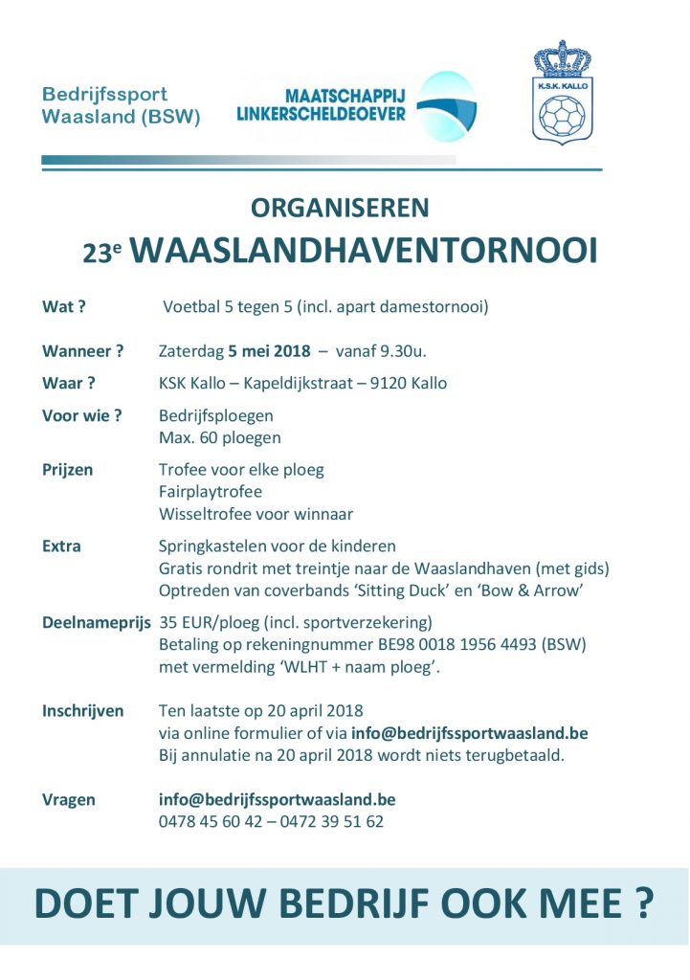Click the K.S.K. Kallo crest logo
[x=562, y=93]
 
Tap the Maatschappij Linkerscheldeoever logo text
[x=321, y=105]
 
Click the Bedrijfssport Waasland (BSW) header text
[x=121, y=106]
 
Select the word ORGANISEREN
[x=340, y=208]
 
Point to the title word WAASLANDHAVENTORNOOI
[x=364, y=250]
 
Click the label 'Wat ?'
[x=64, y=307]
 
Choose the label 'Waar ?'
[x=69, y=383]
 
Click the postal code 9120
[x=388, y=384]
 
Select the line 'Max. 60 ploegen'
[x=219, y=437]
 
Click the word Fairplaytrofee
[x=210, y=492]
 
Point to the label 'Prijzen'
[x=68, y=470]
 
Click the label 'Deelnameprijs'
[x=97, y=622]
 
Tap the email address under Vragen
[x=277, y=799]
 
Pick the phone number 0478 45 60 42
[x=210, y=821]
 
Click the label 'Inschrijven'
[x=83, y=710]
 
